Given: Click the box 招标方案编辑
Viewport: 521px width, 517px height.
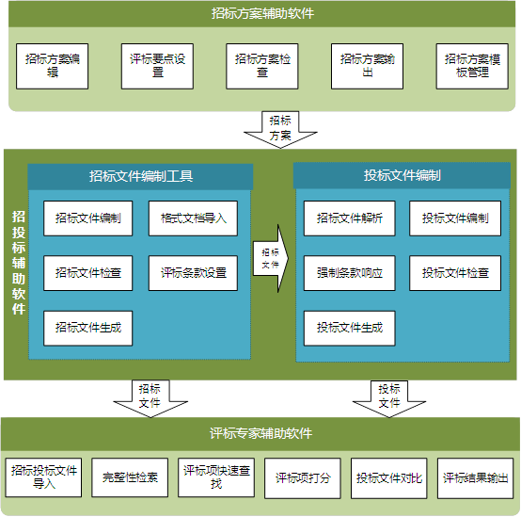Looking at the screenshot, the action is coord(52,66).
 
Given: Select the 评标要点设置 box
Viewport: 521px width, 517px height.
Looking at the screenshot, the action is coord(157,66).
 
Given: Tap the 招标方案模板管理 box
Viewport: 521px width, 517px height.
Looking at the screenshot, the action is coord(472,66).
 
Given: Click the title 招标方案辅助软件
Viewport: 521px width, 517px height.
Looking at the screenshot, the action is coord(262,13).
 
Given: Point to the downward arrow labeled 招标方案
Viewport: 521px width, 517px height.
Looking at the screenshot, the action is coord(280,129).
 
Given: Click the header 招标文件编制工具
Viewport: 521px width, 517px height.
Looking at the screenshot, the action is coord(141,176).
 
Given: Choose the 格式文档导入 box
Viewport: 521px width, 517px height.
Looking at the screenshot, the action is coord(193,218).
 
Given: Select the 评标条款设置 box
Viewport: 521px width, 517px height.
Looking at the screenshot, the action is coord(193,273).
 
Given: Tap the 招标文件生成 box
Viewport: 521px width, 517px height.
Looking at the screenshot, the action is coord(88,329).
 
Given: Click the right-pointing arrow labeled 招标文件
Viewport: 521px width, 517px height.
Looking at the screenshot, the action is coord(271,258).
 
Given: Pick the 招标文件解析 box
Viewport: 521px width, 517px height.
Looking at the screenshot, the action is coord(350,218).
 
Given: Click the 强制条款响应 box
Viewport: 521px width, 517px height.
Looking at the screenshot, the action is coord(350,273).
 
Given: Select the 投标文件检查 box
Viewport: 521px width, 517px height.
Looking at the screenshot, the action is coord(455,273).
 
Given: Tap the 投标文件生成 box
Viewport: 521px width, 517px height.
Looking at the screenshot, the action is coord(350,329).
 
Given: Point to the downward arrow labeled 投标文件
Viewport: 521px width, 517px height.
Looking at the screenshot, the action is coord(389,398).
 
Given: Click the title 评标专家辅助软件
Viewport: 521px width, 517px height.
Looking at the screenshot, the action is coord(260,433).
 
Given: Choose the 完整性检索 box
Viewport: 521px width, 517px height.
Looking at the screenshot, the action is coord(130,477).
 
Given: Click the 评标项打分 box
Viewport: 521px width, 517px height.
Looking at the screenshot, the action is coord(303,478).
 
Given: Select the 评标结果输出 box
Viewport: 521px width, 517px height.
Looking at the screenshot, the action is coord(476,478).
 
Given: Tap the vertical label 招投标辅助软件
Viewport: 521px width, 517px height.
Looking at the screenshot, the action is coord(19,263).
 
